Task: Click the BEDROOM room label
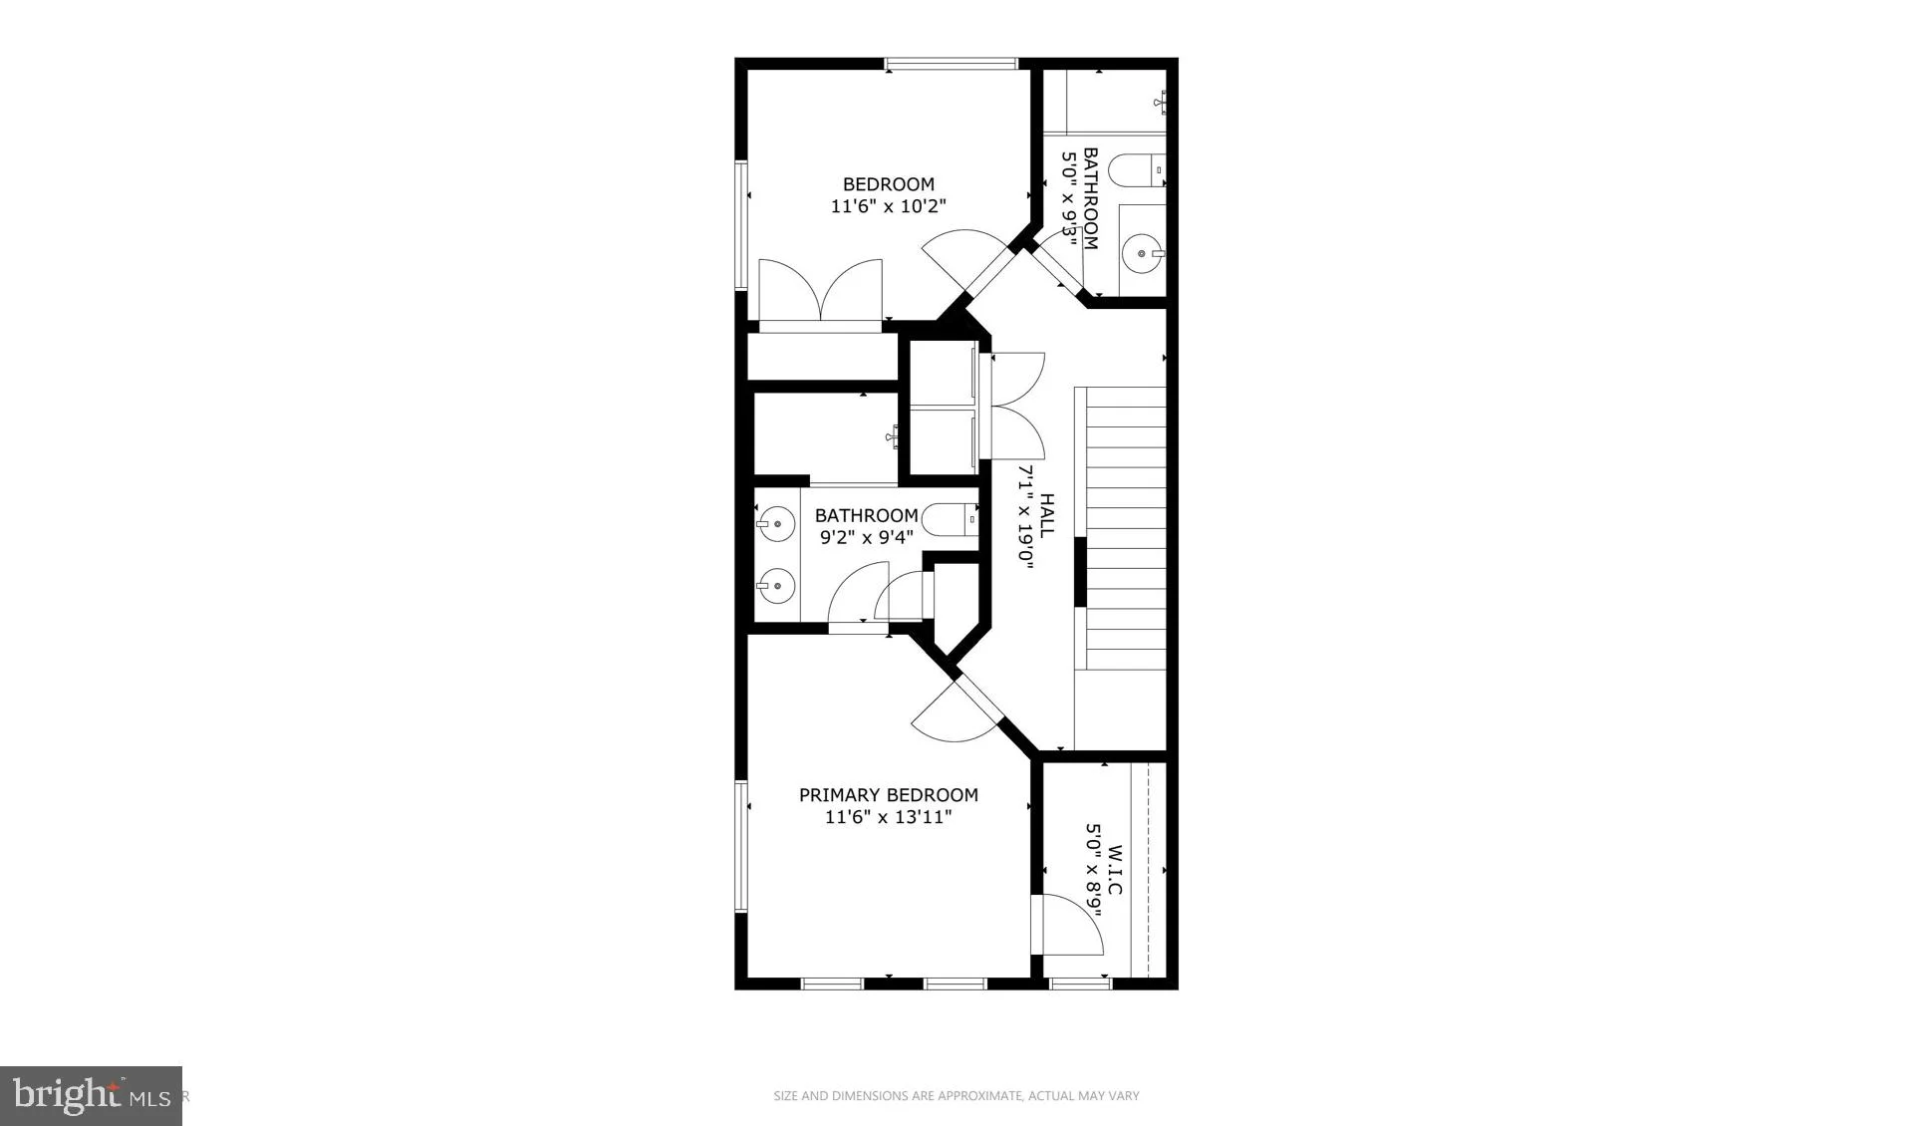889,184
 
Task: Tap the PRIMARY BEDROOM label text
889,795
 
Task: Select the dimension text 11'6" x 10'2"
889,207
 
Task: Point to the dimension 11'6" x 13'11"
889,818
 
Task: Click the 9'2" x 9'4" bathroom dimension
867,538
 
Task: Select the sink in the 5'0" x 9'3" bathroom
1142,253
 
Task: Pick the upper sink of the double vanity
774,523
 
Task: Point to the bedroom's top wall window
952,65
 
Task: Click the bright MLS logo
91,1096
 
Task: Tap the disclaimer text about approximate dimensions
956,1096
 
